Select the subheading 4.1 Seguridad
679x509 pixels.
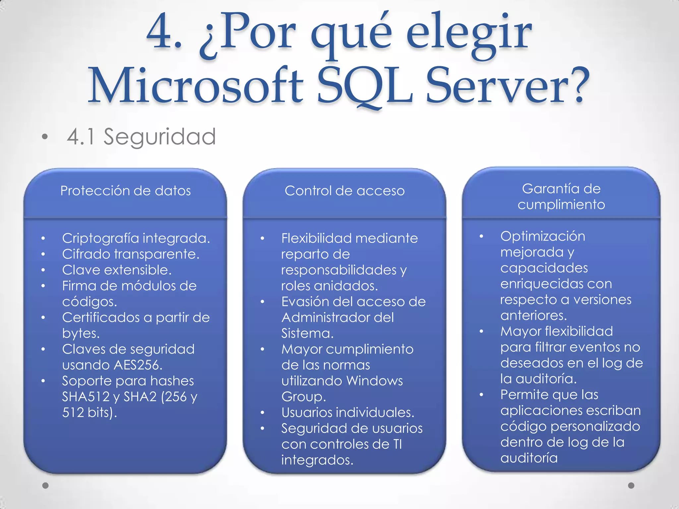click(x=141, y=137)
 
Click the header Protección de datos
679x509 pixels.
click(x=125, y=191)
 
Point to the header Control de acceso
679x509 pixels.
click(x=344, y=191)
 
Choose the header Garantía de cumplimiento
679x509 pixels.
click(x=561, y=197)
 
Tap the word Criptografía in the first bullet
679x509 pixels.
click(x=100, y=238)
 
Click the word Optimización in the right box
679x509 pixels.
click(x=543, y=236)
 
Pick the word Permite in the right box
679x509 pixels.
click(x=521, y=395)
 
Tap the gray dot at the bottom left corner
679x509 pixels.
click(x=46, y=485)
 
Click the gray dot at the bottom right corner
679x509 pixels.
click(x=631, y=485)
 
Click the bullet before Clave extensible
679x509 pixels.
click(x=43, y=270)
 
